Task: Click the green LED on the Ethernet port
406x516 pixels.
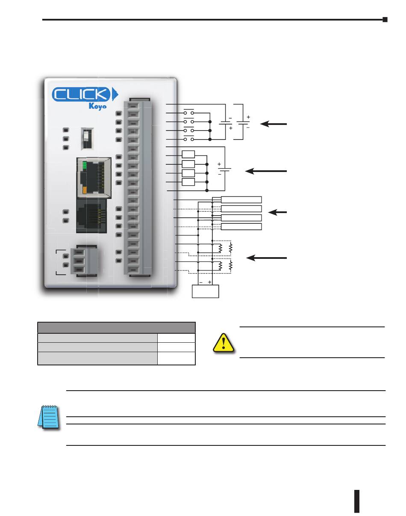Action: click(84, 165)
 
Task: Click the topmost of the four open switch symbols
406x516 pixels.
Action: click(188, 113)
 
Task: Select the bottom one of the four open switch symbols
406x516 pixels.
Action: click(188, 139)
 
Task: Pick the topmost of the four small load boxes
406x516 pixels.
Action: click(188, 155)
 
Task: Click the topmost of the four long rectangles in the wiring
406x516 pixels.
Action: click(241, 199)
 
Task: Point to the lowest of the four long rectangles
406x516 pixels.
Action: click(241, 226)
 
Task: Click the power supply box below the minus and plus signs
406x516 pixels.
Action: click(206, 291)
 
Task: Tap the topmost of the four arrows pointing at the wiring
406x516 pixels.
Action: click(274, 124)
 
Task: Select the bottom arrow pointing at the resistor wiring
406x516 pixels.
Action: click(267, 258)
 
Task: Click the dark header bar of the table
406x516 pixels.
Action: click(116, 328)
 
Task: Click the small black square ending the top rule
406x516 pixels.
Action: click(385, 20)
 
